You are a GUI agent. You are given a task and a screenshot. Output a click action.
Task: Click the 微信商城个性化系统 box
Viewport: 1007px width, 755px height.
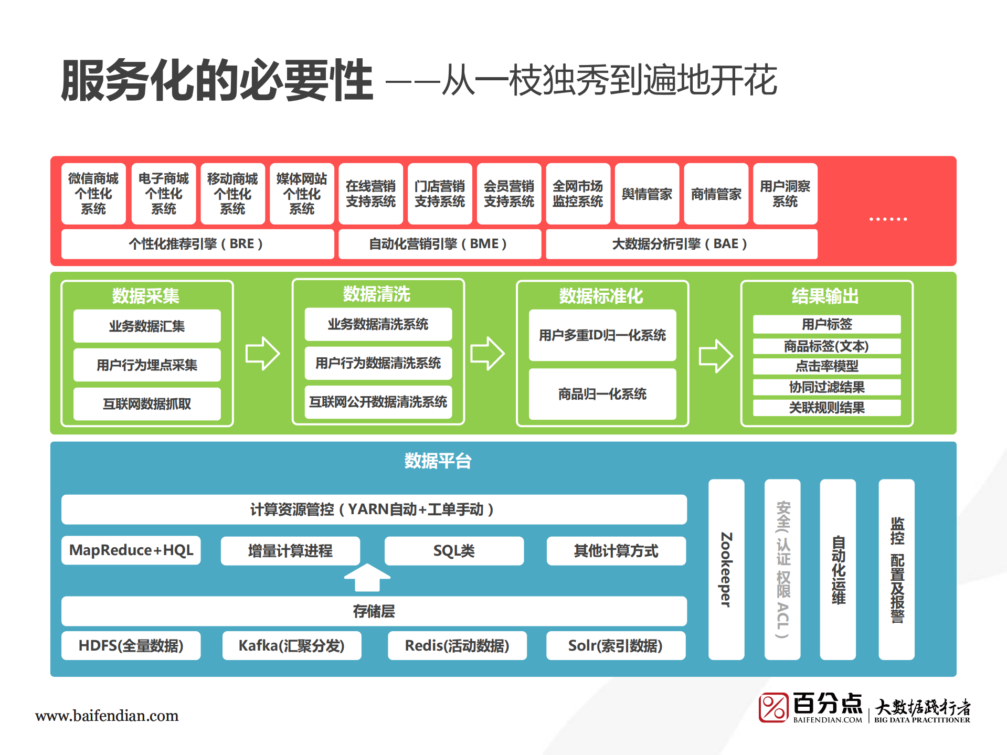click(x=93, y=194)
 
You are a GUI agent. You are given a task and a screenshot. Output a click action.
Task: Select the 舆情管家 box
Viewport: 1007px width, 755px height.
click(x=646, y=194)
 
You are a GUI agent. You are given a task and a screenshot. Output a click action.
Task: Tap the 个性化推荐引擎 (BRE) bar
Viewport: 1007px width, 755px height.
click(x=197, y=244)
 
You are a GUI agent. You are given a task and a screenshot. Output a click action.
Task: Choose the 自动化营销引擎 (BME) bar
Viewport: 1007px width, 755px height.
click(x=439, y=244)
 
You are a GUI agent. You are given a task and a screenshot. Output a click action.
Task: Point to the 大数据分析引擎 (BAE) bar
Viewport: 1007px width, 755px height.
click(x=681, y=244)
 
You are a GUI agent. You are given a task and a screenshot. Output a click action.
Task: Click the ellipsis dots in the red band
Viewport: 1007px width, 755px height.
click(x=887, y=219)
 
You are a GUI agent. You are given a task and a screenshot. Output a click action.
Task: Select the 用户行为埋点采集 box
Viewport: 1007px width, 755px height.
click(x=147, y=365)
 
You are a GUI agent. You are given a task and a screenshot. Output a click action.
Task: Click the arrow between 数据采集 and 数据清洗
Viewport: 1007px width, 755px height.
click(x=262, y=353)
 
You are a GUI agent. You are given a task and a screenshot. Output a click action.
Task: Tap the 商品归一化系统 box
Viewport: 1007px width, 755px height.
click(x=602, y=394)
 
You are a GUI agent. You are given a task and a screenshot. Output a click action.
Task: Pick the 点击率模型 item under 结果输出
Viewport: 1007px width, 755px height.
click(x=826, y=366)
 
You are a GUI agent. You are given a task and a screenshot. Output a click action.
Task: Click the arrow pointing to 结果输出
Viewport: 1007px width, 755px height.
click(x=715, y=356)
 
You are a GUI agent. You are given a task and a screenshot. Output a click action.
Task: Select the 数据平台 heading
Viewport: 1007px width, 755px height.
click(x=438, y=461)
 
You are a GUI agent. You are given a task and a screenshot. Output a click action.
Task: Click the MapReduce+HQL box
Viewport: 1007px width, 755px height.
click(x=131, y=550)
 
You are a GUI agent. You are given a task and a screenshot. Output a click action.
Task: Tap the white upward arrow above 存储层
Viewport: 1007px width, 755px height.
click(x=367, y=577)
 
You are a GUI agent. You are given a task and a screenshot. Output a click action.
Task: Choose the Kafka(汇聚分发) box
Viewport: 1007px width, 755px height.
click(x=291, y=645)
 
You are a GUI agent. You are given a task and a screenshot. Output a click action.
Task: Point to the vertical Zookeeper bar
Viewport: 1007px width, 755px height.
click(x=726, y=569)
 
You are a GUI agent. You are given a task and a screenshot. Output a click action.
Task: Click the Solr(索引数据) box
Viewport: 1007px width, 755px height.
click(x=615, y=645)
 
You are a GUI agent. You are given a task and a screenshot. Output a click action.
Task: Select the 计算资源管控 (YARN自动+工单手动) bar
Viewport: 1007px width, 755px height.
click(x=373, y=509)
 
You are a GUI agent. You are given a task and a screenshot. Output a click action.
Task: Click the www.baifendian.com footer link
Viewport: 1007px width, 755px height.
click(x=107, y=716)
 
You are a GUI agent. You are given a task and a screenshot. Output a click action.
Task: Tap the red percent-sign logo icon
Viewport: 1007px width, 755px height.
click(x=773, y=707)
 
